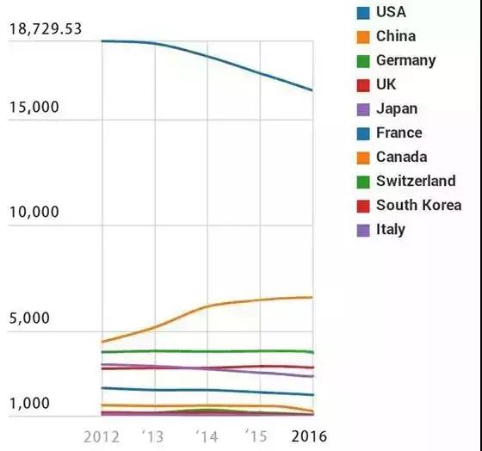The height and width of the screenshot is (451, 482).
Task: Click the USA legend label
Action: click(x=391, y=12)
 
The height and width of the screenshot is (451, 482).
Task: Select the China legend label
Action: click(x=395, y=36)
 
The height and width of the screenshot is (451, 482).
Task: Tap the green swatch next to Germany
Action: click(x=363, y=60)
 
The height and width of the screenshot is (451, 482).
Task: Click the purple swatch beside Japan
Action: click(x=363, y=108)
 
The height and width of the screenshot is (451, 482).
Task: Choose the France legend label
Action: click(x=399, y=133)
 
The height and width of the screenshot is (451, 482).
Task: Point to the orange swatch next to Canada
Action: click(x=363, y=157)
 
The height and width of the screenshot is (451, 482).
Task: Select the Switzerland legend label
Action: click(x=416, y=181)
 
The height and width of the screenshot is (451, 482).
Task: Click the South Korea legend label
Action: click(x=418, y=205)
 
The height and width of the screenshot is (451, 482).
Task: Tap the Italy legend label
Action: click(x=391, y=229)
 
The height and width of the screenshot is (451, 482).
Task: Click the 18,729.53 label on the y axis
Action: click(x=46, y=29)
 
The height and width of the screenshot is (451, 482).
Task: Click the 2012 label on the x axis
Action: click(x=102, y=436)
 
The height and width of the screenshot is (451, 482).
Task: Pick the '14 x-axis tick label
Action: click(x=207, y=436)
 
